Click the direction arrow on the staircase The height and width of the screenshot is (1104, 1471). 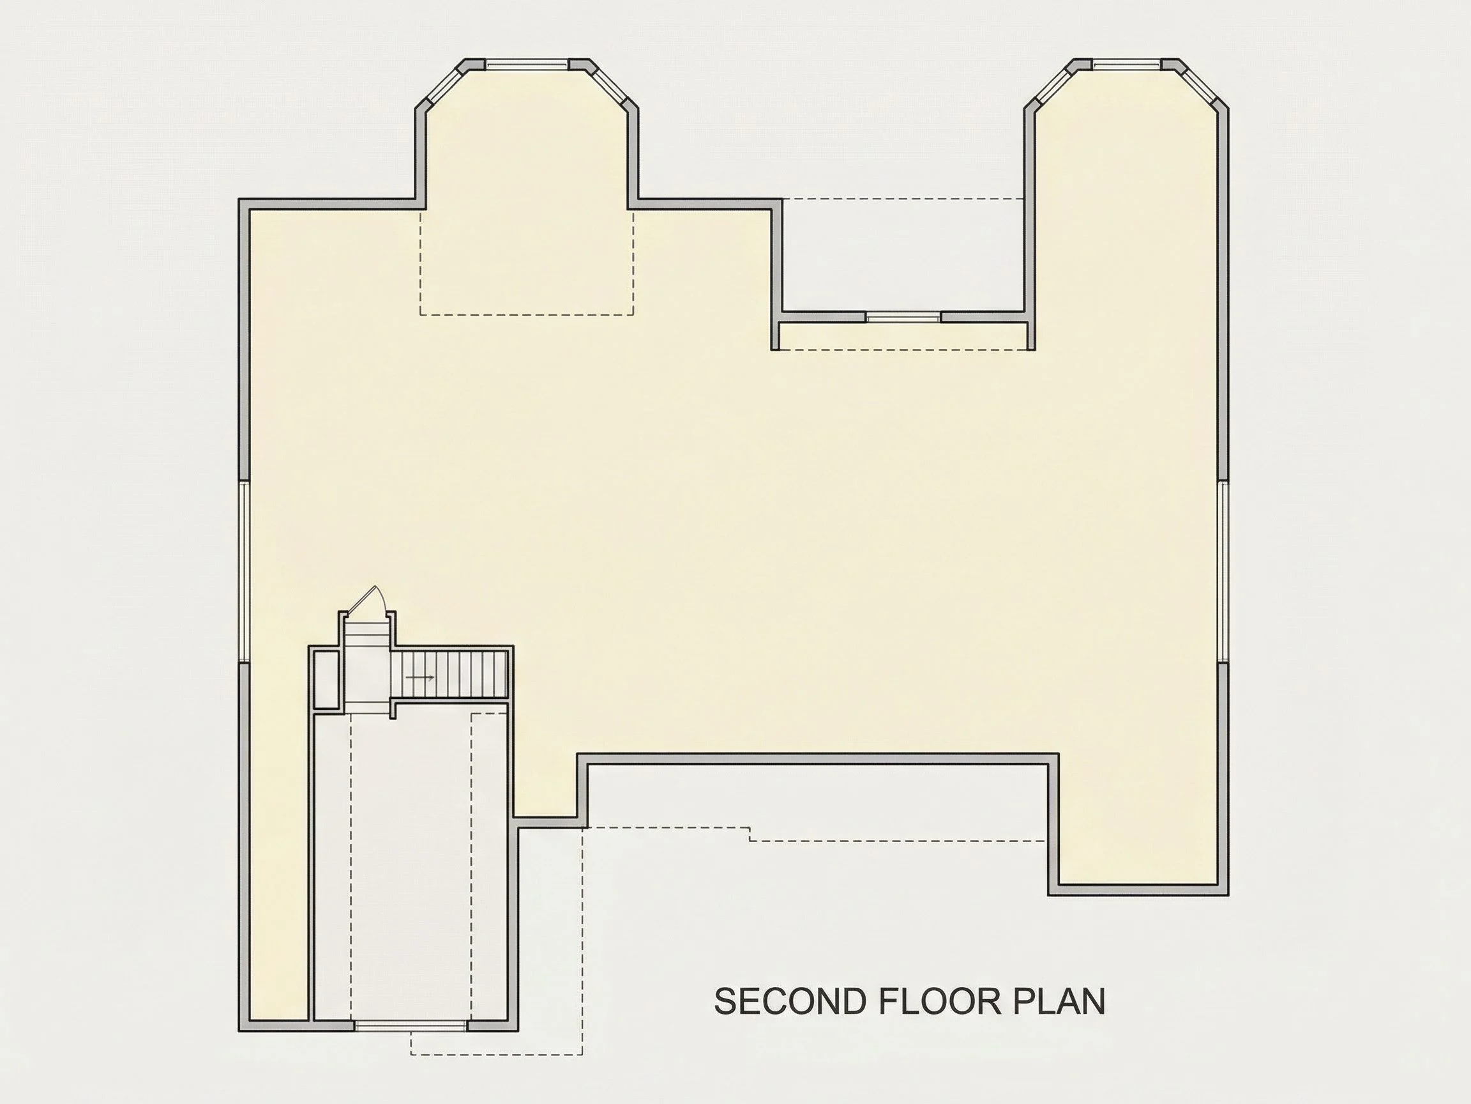420,677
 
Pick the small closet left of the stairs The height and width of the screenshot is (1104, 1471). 326,679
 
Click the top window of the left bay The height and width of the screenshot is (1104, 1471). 527,65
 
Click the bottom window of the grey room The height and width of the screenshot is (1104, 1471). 411,1026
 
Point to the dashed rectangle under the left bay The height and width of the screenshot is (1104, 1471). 527,261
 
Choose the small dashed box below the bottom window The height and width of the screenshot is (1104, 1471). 497,1043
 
